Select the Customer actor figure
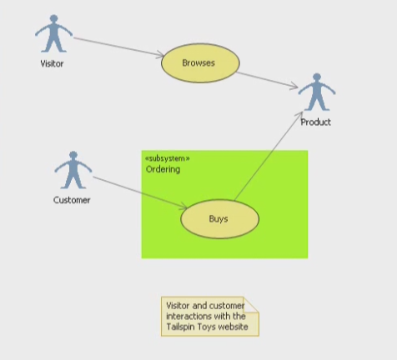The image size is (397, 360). click(73, 170)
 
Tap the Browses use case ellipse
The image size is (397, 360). click(200, 63)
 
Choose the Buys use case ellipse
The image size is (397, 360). click(220, 219)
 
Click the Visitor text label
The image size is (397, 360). click(52, 63)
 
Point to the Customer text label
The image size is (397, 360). click(72, 200)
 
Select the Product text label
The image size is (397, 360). click(316, 122)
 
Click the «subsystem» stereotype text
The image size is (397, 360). click(168, 158)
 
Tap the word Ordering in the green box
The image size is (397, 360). click(163, 169)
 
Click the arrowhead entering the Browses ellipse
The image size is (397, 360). click(161, 54)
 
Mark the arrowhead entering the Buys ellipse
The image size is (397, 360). click(183, 207)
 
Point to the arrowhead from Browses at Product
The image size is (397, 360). click(294, 86)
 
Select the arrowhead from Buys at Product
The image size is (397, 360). click(299, 115)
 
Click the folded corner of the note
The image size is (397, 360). click(252, 304)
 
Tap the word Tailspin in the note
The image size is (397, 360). click(179, 327)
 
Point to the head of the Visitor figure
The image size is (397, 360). click(53, 18)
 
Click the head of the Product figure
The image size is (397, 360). click(317, 77)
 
